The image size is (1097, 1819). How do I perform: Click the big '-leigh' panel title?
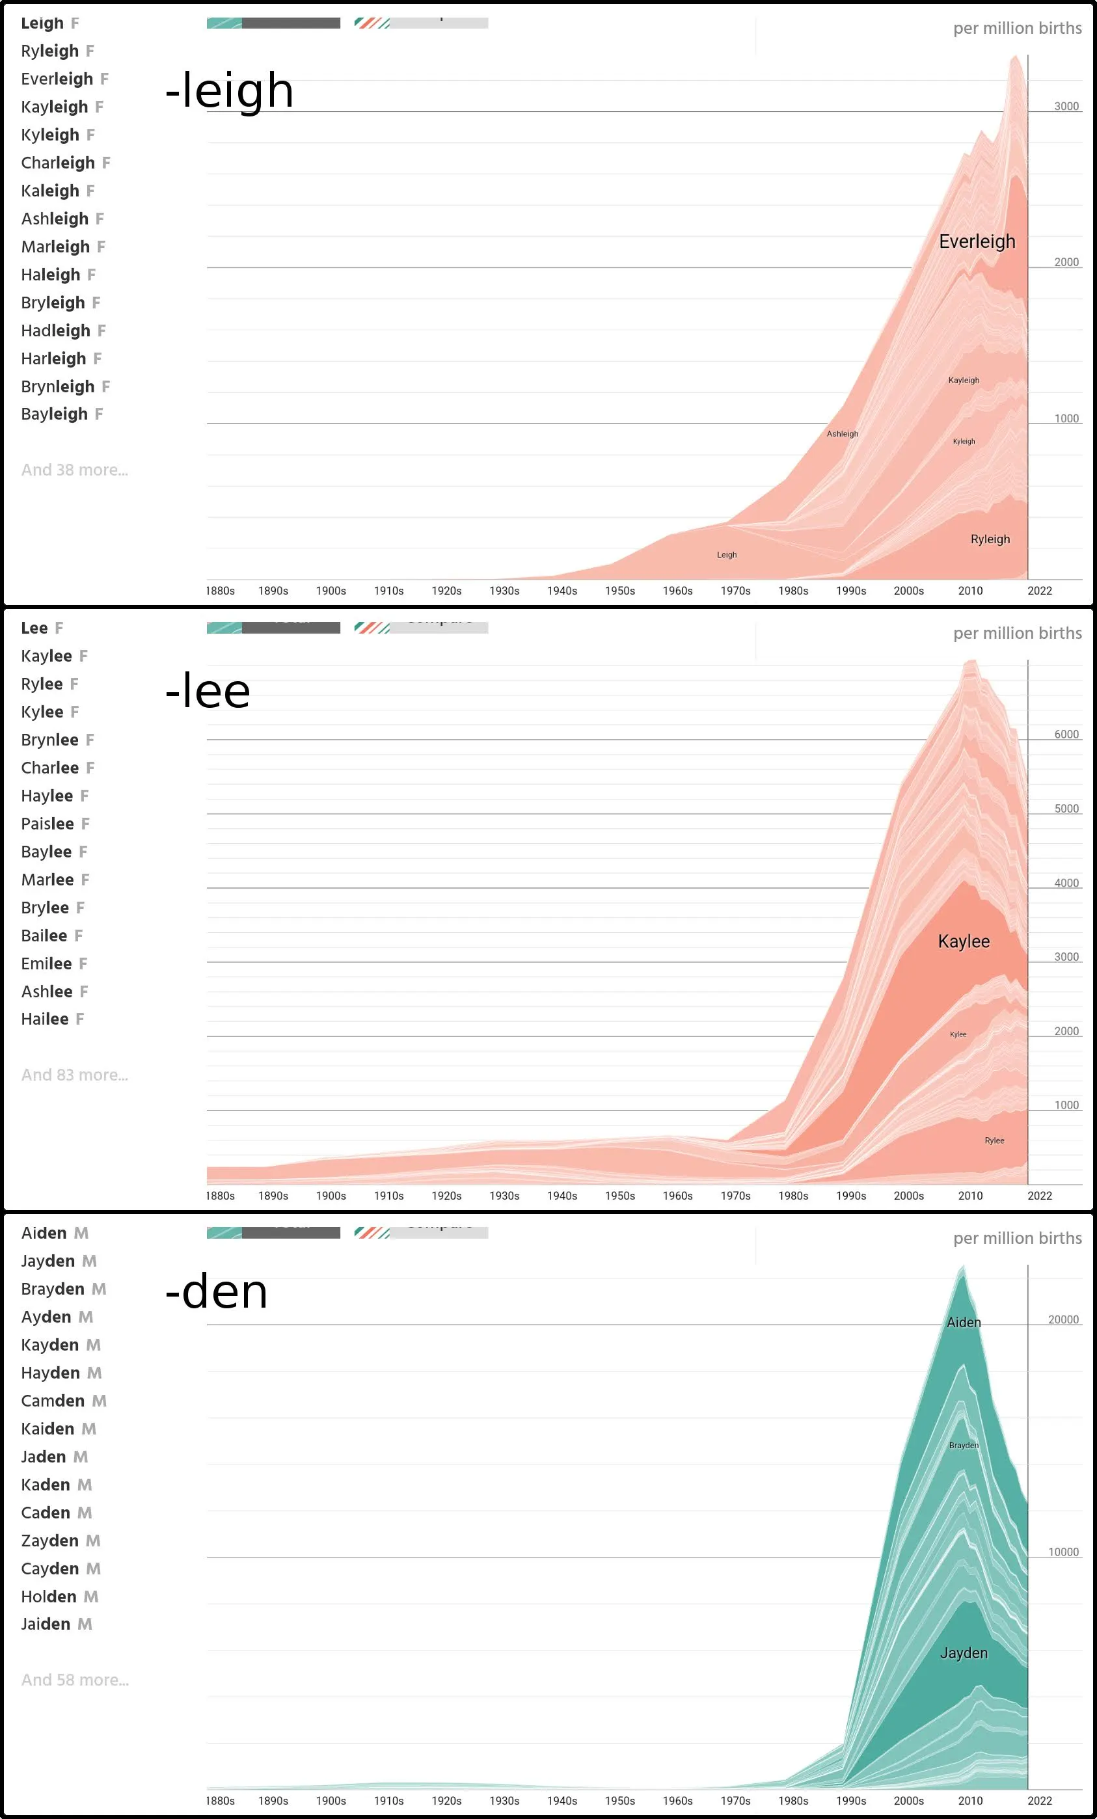(x=229, y=91)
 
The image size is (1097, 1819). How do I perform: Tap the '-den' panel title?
(x=216, y=1292)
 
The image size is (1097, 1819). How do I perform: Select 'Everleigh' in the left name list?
(x=57, y=79)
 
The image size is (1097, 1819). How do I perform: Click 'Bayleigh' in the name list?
(x=54, y=414)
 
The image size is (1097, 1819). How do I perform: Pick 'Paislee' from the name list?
(x=47, y=824)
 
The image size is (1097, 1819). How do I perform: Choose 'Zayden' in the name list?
(x=49, y=1541)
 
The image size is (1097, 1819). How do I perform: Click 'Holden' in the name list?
(x=49, y=1597)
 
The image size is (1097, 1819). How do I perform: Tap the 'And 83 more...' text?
(x=75, y=1075)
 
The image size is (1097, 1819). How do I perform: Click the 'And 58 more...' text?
(x=75, y=1680)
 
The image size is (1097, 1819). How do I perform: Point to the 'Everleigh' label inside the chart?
(x=977, y=241)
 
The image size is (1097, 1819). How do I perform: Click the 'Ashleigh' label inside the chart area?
(x=843, y=434)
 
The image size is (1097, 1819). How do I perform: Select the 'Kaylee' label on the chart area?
(x=964, y=941)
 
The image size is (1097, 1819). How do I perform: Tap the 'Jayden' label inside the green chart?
(x=964, y=1653)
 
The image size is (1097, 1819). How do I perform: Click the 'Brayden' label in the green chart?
(x=964, y=1445)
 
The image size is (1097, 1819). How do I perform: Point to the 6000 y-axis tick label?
(x=1066, y=734)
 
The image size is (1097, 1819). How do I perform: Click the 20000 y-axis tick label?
(x=1063, y=1319)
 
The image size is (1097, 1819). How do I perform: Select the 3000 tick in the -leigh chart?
(x=1066, y=106)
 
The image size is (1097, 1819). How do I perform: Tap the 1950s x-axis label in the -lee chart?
(x=619, y=1196)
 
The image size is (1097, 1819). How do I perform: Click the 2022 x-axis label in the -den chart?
(x=1040, y=1801)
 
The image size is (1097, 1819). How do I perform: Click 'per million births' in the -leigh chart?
(x=1017, y=28)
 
